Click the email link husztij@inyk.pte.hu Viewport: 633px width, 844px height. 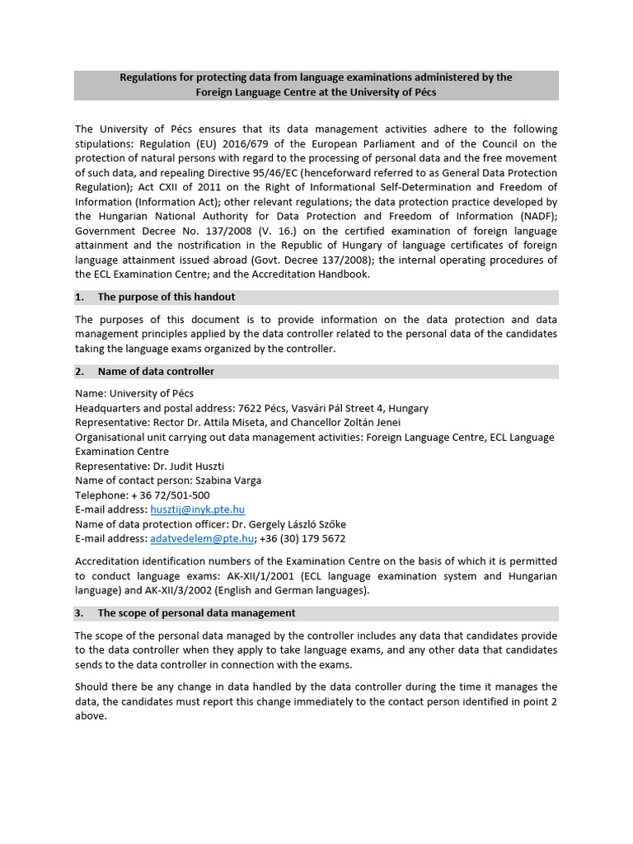[198, 510]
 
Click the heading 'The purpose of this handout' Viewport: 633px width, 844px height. [166, 297]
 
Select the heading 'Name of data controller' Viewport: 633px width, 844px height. [156, 372]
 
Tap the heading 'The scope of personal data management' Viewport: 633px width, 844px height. [196, 613]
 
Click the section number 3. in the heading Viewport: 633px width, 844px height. [80, 613]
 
